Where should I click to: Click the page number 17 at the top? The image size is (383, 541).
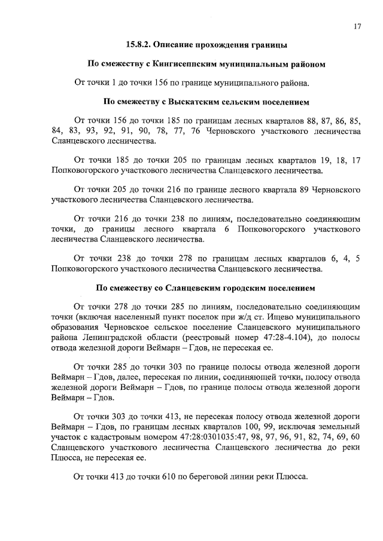point(357,26)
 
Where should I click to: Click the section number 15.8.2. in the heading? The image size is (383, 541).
point(143,45)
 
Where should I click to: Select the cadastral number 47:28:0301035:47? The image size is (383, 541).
point(215,438)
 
